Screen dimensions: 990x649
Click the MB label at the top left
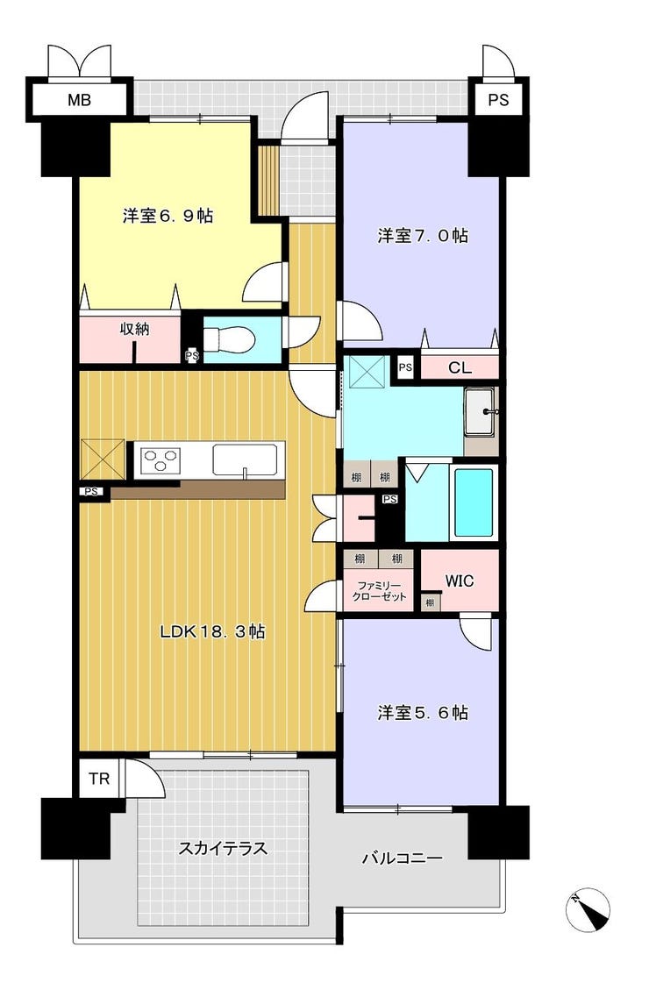80,99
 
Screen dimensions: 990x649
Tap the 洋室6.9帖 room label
168,215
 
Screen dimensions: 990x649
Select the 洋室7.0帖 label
423,236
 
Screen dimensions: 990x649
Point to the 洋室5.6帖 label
423,713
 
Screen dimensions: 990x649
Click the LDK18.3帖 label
212,631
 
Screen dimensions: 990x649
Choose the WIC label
460,580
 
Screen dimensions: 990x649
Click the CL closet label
460,367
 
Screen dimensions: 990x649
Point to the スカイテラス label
222,848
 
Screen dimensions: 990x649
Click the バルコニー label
403,858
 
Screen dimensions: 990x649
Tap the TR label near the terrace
98,780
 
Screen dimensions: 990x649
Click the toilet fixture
230,338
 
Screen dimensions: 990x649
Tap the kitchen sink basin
245,459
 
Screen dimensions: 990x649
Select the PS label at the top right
498,99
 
